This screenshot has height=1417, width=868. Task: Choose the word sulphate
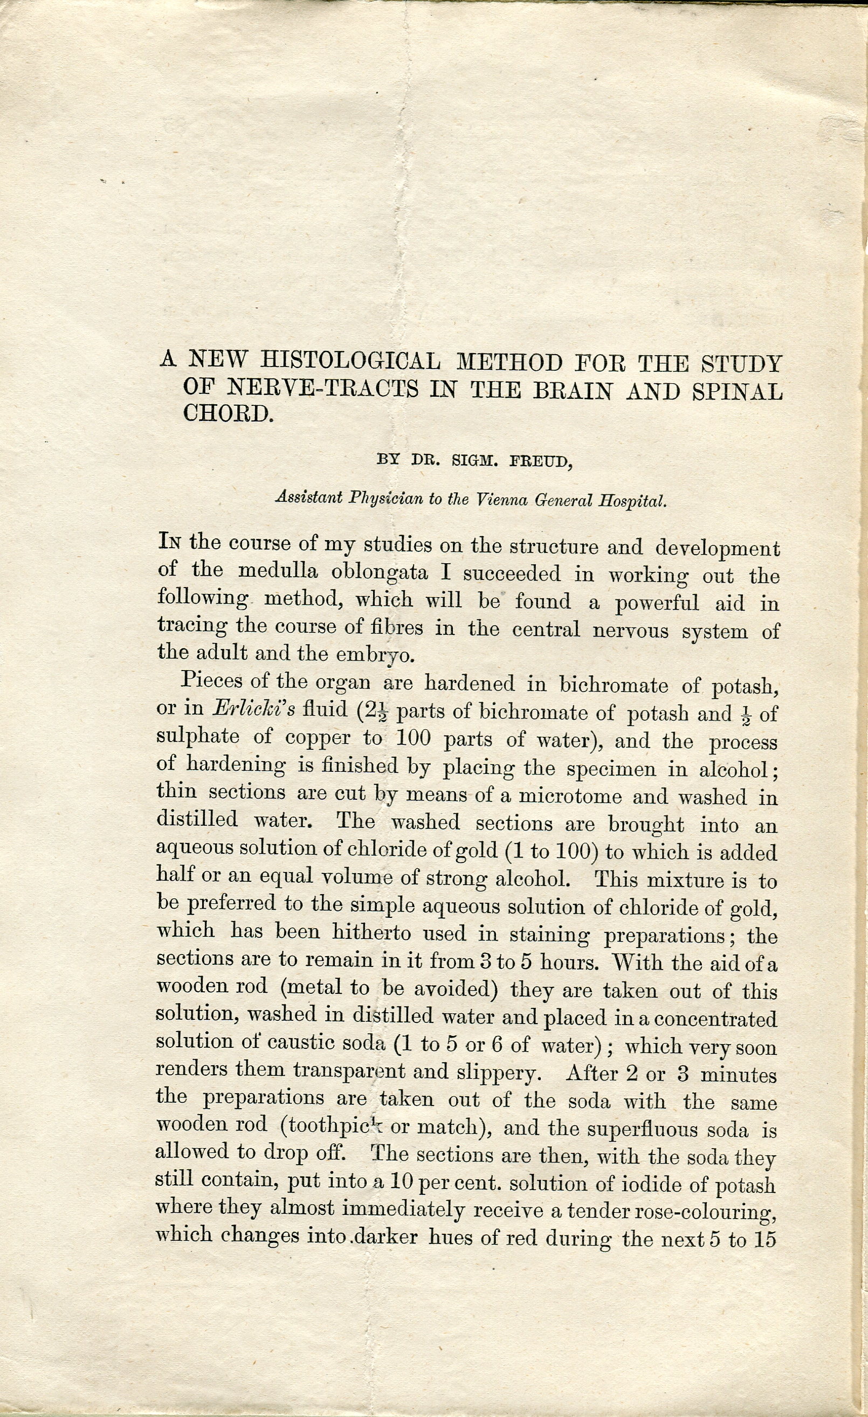198,737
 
